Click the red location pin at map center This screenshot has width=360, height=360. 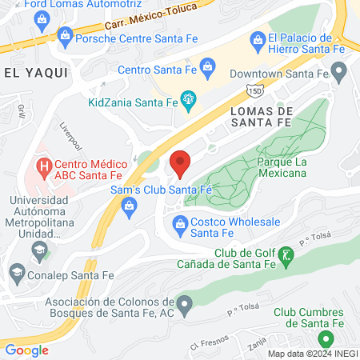pyautogui.click(x=180, y=163)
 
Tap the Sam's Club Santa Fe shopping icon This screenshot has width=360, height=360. pyautogui.click(x=129, y=207)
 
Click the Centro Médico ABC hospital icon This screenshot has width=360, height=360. pyautogui.click(x=42, y=169)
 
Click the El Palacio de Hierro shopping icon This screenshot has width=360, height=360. pyautogui.click(x=258, y=38)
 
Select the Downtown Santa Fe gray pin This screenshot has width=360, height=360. pyautogui.click(x=338, y=74)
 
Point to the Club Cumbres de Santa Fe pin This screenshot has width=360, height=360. pyautogui.click(x=325, y=340)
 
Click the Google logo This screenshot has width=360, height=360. pyautogui.click(x=26, y=349)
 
